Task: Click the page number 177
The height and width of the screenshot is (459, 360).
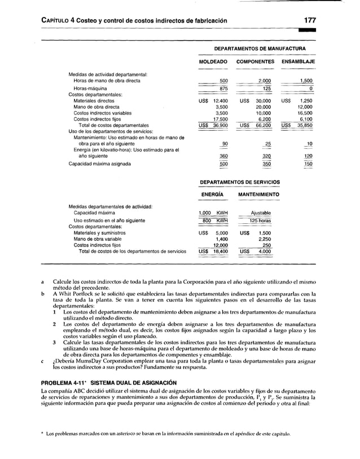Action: tap(308, 20)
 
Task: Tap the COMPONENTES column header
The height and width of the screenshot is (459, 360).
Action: tap(256, 61)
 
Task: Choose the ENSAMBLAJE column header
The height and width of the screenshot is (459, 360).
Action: tap(298, 61)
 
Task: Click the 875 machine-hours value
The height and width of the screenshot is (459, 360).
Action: tap(223, 89)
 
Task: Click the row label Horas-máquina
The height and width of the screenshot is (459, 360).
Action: tap(88, 89)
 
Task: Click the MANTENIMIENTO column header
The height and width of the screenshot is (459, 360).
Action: tap(259, 195)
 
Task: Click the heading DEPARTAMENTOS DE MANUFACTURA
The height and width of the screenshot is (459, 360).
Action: tap(256, 48)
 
